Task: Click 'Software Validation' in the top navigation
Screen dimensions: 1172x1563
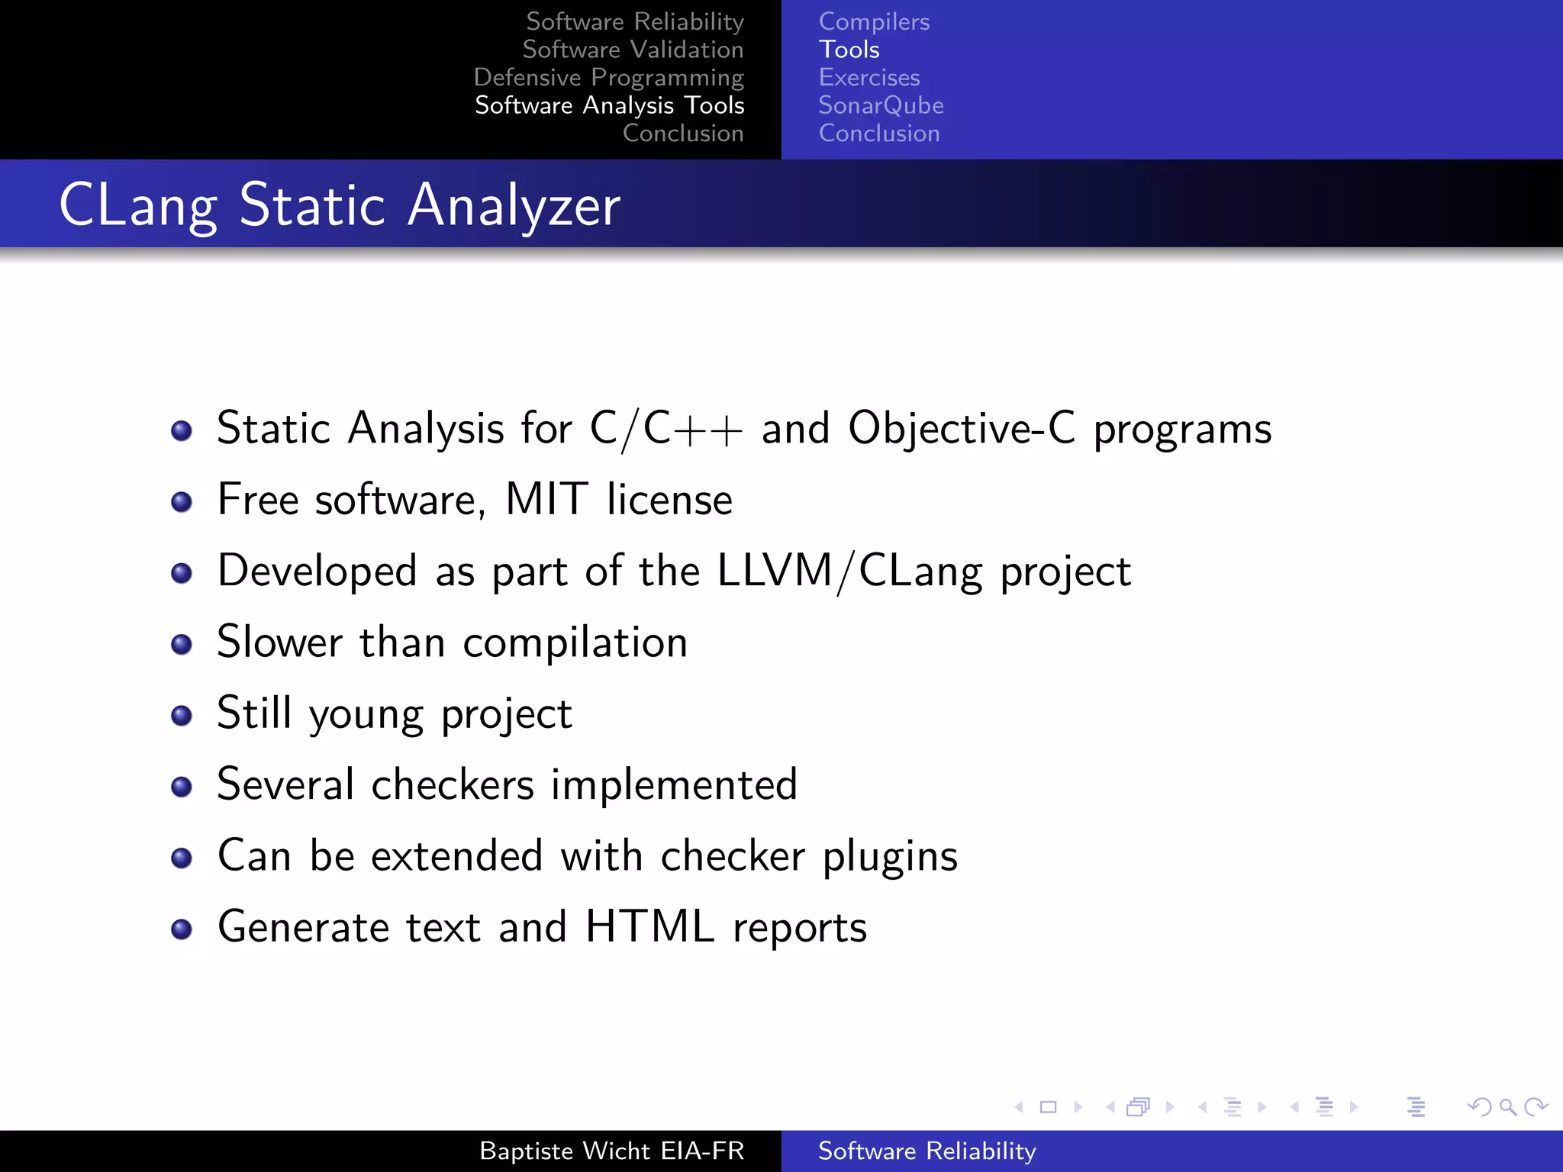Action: point(633,50)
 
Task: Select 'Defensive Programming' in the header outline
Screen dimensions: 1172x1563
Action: point(608,78)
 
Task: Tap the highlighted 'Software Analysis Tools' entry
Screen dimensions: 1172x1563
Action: point(609,105)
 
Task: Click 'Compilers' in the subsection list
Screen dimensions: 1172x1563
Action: point(874,22)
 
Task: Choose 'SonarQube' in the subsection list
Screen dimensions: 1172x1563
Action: point(881,105)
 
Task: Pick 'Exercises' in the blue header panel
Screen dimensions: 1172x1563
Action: point(869,78)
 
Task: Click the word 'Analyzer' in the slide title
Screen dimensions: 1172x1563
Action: point(514,206)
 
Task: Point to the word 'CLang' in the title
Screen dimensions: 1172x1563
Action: point(138,206)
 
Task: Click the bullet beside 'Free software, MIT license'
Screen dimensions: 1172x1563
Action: point(182,502)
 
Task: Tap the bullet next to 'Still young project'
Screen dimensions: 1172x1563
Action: point(182,716)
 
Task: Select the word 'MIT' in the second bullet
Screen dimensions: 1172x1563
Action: point(546,500)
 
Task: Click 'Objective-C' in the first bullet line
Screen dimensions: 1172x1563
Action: point(962,428)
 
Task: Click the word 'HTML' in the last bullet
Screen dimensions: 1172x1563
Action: point(649,927)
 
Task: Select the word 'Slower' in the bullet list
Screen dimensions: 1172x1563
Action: point(279,642)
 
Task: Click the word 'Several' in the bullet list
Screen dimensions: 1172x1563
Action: point(285,784)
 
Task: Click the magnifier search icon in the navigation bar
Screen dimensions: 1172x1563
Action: point(1507,1106)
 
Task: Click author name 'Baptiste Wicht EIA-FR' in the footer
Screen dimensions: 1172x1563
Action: point(611,1151)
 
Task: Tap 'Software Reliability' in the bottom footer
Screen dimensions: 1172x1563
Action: point(927,1151)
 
